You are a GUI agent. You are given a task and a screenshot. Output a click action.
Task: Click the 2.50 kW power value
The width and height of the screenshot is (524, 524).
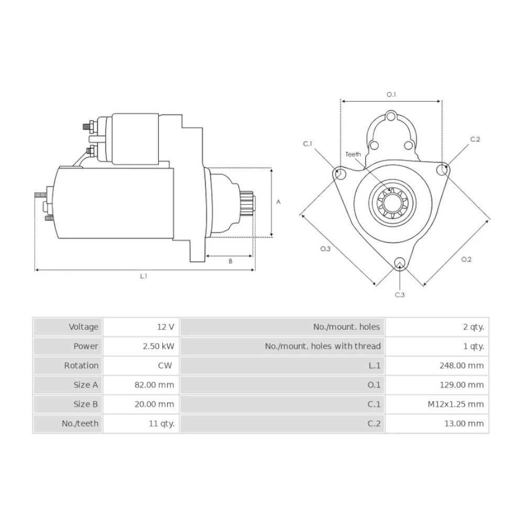tap(158, 346)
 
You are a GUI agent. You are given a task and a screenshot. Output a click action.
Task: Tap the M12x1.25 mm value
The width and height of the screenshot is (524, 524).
tap(455, 405)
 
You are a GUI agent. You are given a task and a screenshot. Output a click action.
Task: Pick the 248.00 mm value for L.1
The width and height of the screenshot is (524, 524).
tap(462, 366)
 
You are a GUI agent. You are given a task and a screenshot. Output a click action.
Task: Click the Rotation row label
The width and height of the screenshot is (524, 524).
tap(81, 366)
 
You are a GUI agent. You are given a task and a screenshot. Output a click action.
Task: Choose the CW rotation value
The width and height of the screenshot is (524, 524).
tap(165, 366)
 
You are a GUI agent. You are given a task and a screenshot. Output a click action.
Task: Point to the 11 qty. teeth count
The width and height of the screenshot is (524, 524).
tap(162, 424)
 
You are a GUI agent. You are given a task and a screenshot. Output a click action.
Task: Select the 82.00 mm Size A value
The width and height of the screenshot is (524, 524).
tap(155, 385)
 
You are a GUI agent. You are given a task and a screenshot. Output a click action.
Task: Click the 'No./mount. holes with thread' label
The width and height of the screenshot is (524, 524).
tap(323, 346)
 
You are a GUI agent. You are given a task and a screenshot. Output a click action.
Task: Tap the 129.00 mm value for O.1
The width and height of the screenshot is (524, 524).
tap(462, 385)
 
